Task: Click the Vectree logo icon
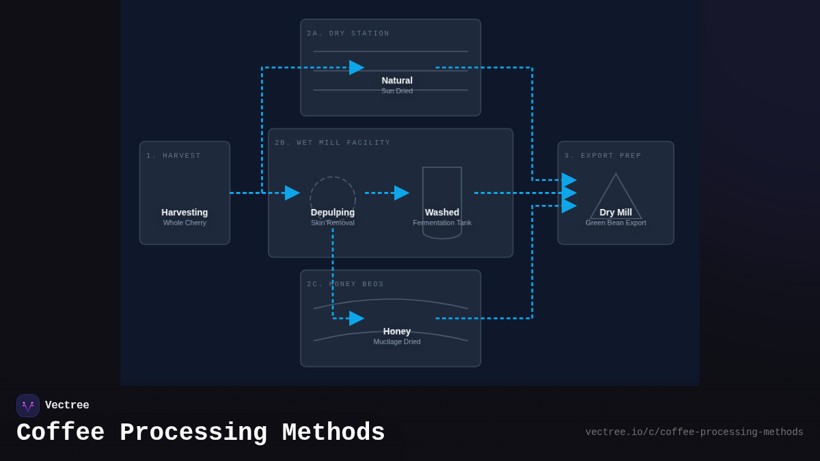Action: [x=28, y=406]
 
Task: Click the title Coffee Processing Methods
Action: [x=200, y=433]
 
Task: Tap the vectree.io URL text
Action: [x=694, y=432]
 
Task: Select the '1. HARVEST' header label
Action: [x=174, y=156]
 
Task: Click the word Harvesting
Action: [x=184, y=212]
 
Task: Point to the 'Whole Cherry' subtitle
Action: [x=184, y=223]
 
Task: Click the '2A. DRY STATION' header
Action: [x=348, y=33]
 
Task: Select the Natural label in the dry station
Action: [x=397, y=81]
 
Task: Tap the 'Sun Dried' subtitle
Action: [x=397, y=91]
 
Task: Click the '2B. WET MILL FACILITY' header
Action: [x=332, y=143]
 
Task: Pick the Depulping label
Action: [x=333, y=212]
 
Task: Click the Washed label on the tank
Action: [x=442, y=212]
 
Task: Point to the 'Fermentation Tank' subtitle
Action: [x=442, y=223]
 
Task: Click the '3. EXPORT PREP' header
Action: [x=603, y=156]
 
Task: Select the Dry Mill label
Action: [x=616, y=212]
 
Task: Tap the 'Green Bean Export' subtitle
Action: [x=616, y=223]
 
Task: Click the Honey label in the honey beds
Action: [x=397, y=331]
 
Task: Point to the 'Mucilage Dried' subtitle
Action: [x=397, y=341]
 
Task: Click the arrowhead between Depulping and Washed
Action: [x=401, y=193]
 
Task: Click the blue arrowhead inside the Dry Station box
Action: [x=356, y=68]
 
